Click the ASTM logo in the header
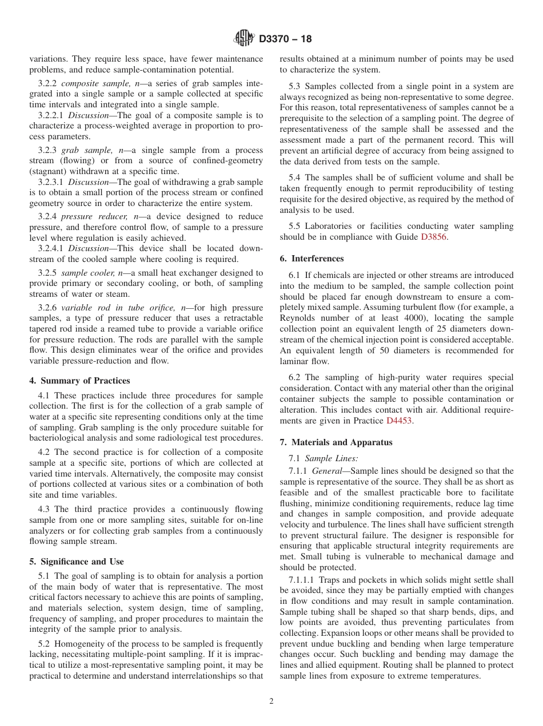[x=244, y=39]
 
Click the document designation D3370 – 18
[x=285, y=39]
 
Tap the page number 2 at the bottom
[x=271, y=701]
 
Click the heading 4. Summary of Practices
[x=79, y=381]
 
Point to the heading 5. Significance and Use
[x=77, y=562]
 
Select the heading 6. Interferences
[x=312, y=259]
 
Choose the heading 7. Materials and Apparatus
[x=336, y=442]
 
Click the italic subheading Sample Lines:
[x=332, y=458]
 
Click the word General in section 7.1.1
[x=333, y=471]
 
